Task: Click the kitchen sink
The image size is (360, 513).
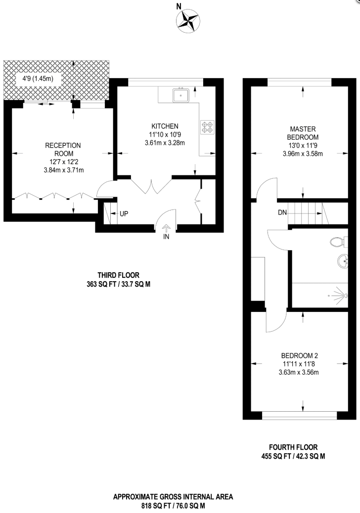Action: point(181,95)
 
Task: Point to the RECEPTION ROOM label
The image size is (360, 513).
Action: point(63,149)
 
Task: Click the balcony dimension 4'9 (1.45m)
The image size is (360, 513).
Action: point(38,78)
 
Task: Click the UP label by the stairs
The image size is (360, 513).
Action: point(124,214)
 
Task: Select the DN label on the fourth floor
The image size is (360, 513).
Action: point(283,213)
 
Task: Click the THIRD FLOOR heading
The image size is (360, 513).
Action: point(118,275)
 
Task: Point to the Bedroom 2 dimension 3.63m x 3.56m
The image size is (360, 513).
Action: point(299,373)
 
